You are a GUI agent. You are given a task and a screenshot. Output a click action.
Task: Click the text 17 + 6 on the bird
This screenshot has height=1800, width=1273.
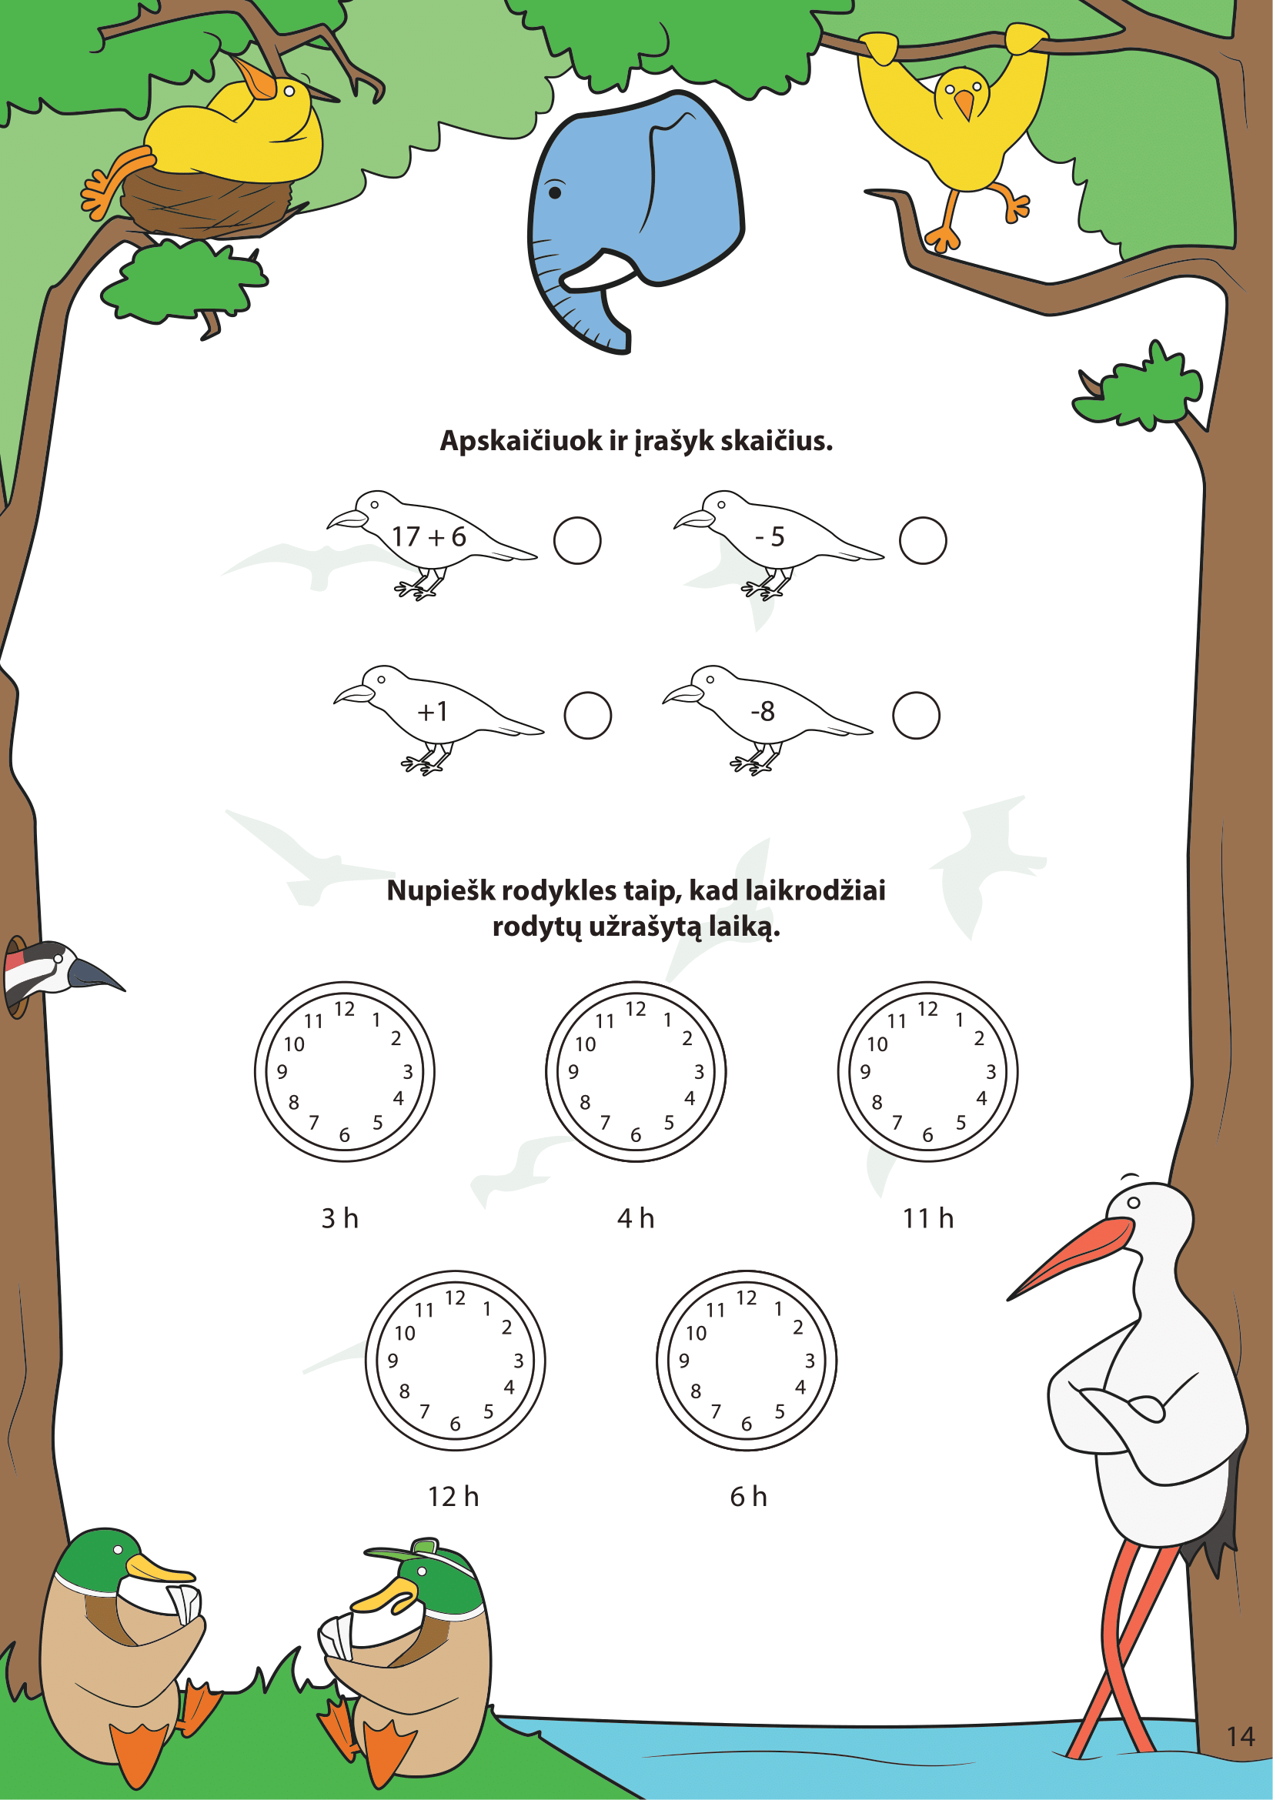tap(429, 536)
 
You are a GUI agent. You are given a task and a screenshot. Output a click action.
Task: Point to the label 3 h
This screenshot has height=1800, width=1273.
tap(340, 1218)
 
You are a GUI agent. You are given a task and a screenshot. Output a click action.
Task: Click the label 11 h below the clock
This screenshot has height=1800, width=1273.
tap(928, 1218)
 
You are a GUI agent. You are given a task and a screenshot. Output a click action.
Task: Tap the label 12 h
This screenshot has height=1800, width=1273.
tap(454, 1497)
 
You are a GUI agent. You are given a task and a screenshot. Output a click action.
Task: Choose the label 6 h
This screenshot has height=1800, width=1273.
tap(749, 1497)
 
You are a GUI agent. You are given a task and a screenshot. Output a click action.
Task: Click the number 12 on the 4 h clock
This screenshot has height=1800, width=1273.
tap(636, 1009)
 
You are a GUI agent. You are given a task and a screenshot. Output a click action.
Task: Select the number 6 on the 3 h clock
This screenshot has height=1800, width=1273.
tap(344, 1135)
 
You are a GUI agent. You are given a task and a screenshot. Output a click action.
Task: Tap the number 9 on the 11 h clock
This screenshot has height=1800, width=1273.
tap(865, 1072)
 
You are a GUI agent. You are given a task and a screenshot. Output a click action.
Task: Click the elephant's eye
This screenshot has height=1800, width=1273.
tap(555, 192)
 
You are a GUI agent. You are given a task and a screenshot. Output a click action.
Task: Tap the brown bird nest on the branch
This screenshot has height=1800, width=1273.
tap(208, 202)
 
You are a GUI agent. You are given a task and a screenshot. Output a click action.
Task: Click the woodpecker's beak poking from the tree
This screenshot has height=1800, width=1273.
tap(95, 974)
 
